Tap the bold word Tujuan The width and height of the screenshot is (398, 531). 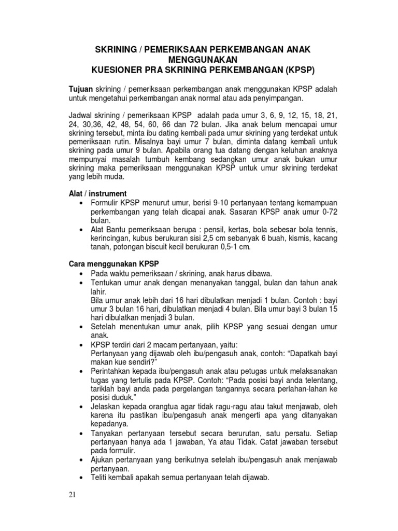tap(82, 89)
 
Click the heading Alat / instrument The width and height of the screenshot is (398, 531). tap(98, 193)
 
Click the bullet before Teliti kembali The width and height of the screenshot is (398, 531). tap(82, 478)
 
